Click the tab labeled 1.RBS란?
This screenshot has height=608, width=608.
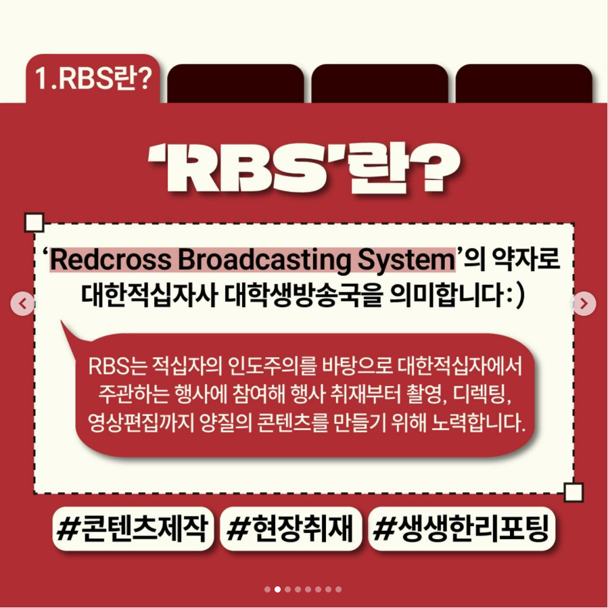point(94,79)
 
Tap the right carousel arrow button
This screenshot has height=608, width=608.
point(584,304)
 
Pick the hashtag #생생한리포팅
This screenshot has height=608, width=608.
point(463,529)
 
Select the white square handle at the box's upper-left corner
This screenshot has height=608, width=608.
point(34,222)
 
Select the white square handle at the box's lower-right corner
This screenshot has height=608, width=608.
point(574,492)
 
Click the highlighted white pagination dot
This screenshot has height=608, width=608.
point(277,589)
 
